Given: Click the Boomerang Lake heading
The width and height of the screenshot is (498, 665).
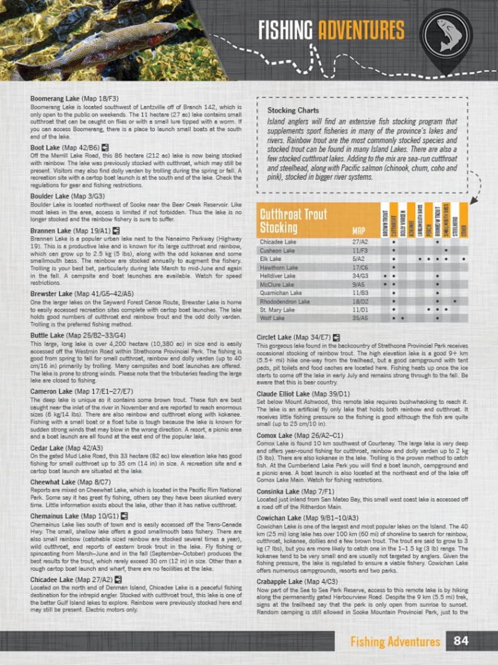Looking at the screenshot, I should point(74,98).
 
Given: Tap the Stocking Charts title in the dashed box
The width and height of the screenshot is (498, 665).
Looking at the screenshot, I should point(293,110).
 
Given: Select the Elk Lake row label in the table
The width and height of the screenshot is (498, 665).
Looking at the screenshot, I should point(270,259).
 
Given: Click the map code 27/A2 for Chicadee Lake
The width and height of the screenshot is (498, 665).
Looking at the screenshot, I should point(359,242).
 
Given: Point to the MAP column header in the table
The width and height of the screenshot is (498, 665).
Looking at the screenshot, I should point(359,231).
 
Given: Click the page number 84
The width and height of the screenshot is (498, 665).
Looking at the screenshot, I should point(461,641).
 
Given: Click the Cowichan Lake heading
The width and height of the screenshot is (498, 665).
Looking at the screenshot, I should point(307,518).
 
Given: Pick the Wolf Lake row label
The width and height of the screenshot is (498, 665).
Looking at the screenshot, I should point(272,318).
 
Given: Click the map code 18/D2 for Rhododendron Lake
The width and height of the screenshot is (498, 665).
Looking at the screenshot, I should point(359,301).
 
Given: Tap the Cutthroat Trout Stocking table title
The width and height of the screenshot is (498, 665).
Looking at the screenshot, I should point(293,221).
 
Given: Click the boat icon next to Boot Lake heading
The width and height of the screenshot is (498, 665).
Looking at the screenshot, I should point(105,148).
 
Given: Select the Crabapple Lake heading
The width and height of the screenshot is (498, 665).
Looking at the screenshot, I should point(297,581).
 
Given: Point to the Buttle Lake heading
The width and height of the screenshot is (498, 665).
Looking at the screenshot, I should point(77,335).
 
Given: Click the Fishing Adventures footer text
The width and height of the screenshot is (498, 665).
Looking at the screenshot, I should point(395,642).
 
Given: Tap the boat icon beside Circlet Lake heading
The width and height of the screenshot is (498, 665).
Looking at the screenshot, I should point(336,337).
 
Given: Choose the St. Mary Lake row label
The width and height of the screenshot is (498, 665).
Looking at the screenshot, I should point(277,310).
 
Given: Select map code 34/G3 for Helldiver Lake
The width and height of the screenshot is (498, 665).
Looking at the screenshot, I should point(359,276).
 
